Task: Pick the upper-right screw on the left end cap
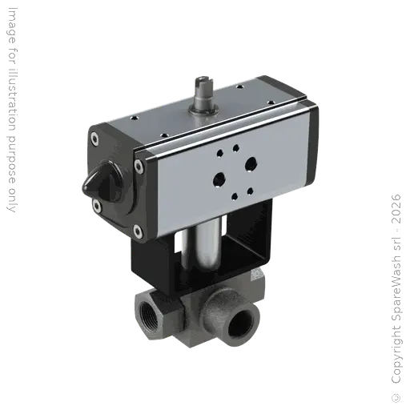[x=139, y=167]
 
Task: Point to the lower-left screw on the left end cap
[x=97, y=207]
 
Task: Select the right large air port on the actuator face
[x=251, y=163]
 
